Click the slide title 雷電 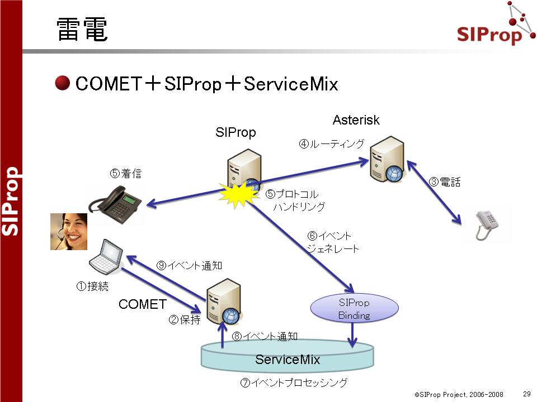pos(82,30)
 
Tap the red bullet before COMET pos(62,83)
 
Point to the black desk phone pos(115,204)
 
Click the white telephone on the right pos(487,225)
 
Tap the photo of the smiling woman pos(69,232)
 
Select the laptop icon pos(106,257)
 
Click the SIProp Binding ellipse pos(354,308)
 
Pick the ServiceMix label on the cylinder pos(288,360)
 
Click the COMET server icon pos(224,301)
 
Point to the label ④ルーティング pos(332,143)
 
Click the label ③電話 pos(445,182)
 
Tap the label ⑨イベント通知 pos(190,266)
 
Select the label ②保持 pos(185,319)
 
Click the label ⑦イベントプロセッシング pos(294,382)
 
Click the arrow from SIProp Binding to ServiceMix pos(352,335)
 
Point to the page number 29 pos(527,394)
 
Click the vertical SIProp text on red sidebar pos(11,201)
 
